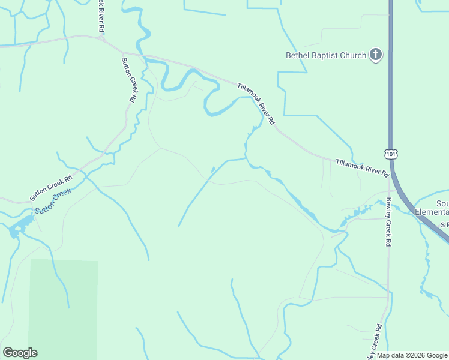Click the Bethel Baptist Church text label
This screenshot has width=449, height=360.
point(325,56)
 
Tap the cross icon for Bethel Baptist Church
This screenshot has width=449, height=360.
point(376,55)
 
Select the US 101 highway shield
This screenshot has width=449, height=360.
point(391,154)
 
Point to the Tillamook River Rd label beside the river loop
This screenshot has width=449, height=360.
point(256,103)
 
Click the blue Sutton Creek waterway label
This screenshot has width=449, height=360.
point(53,201)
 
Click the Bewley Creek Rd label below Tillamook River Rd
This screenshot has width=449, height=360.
point(388,222)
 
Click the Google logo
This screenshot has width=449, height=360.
point(20,353)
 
